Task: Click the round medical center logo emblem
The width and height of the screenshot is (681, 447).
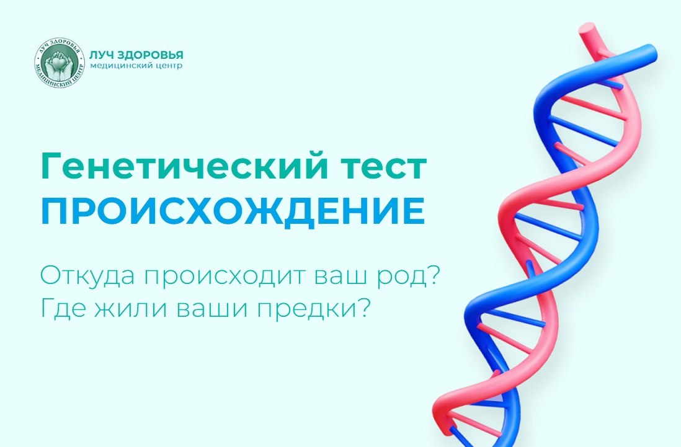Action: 59,63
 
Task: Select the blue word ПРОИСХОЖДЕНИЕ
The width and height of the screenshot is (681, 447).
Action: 233,211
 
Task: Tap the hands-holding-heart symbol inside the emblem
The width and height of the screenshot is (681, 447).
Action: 59,63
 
